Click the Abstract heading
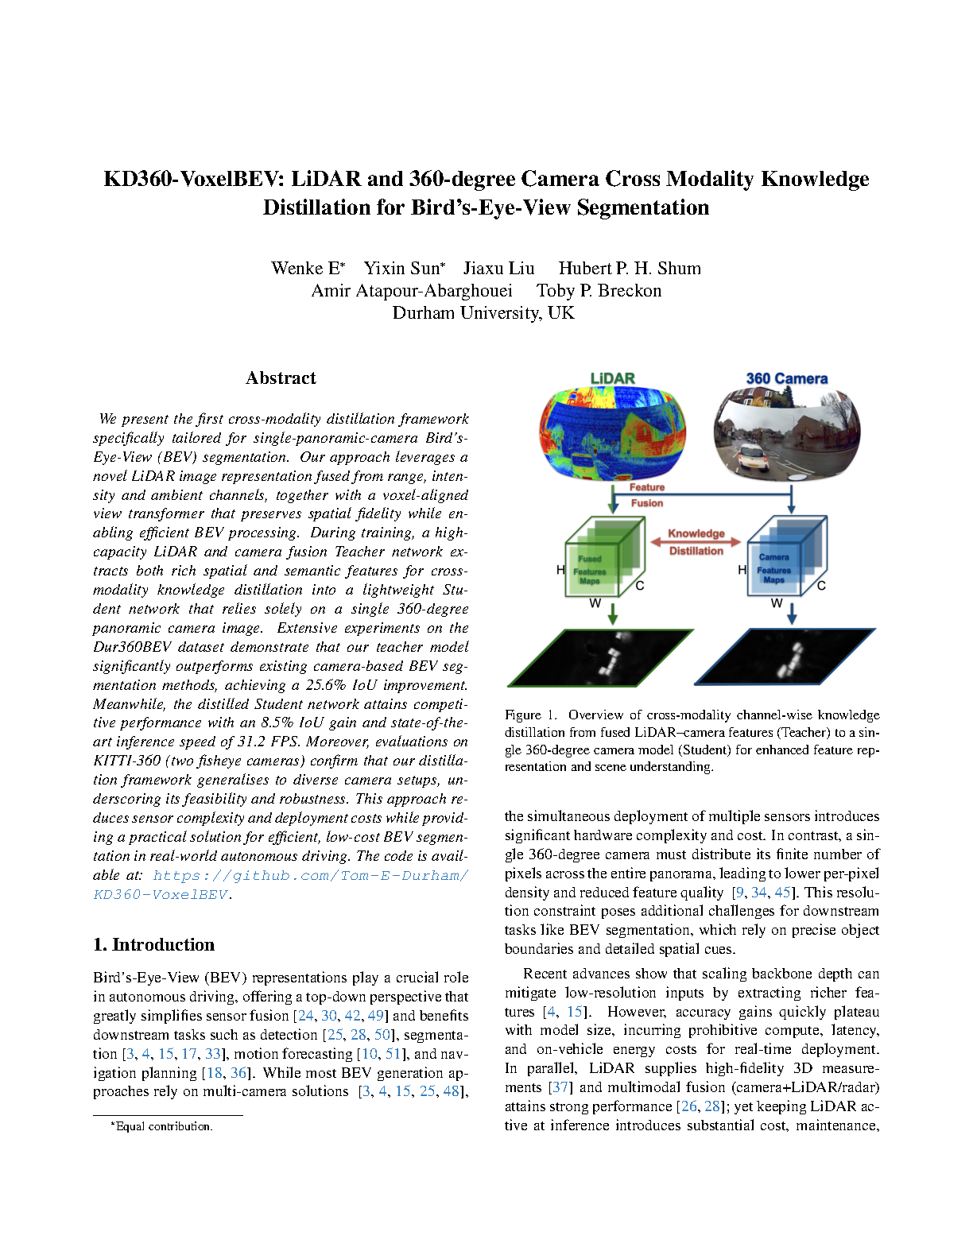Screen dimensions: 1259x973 [x=281, y=378]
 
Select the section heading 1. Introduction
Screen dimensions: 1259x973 [x=153, y=944]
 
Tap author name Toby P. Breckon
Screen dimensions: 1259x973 [x=599, y=291]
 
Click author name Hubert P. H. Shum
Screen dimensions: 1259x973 [x=630, y=269]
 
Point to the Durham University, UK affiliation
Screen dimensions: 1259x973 [x=483, y=313]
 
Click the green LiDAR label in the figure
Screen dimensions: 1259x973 [x=612, y=378]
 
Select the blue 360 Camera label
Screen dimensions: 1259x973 [x=786, y=379]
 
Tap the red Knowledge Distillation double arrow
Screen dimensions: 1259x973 [x=696, y=542]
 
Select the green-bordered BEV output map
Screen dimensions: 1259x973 [x=601, y=657]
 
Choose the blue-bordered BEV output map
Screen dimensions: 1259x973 [x=785, y=656]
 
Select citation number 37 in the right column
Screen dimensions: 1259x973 [x=560, y=1087]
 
